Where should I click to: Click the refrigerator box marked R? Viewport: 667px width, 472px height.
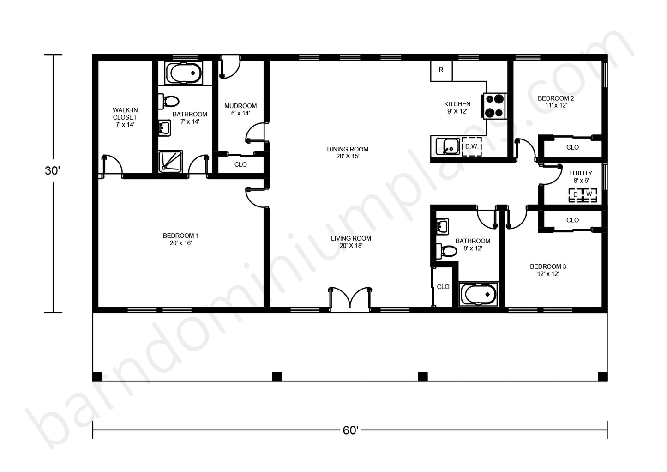441,71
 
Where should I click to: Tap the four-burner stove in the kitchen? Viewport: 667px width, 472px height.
494,106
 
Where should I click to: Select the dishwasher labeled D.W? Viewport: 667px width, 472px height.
472,146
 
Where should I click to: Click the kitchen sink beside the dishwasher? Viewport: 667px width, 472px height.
448,146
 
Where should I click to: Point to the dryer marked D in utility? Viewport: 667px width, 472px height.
576,195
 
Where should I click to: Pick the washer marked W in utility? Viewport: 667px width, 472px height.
590,195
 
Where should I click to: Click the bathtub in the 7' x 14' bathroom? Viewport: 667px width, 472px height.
184,73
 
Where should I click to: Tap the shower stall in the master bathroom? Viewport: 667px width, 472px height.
170,162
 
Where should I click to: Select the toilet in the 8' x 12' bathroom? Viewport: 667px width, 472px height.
446,251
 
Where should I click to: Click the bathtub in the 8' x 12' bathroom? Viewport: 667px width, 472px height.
478,294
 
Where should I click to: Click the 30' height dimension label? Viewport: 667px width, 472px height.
53,171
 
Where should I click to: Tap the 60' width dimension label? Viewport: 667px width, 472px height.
350,430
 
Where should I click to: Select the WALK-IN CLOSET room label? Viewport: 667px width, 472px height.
125,117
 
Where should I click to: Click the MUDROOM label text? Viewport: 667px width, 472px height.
240,106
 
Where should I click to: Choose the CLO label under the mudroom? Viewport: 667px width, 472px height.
240,164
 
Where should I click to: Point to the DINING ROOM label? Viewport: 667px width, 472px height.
348,149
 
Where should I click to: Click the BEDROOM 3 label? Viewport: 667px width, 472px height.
548,266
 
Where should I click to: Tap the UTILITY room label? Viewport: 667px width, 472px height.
581,173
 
